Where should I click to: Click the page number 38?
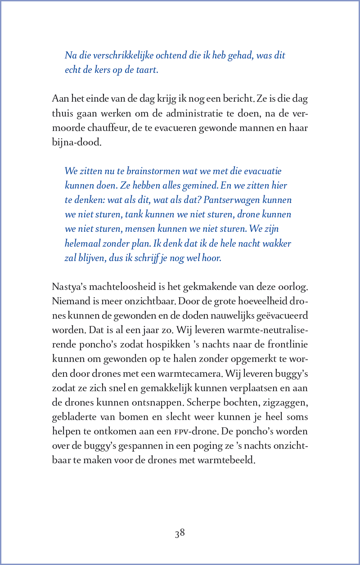click(180, 533)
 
